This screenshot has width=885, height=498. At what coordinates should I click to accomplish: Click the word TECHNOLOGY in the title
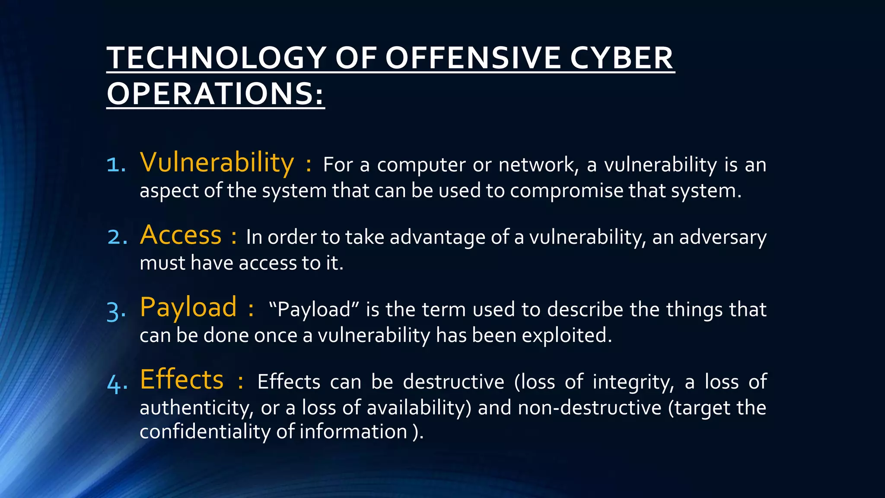(x=216, y=58)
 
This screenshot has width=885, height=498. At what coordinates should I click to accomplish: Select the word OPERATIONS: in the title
(x=215, y=94)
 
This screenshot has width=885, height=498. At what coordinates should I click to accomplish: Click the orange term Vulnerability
(x=217, y=163)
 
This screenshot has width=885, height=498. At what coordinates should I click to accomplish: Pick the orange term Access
(x=181, y=235)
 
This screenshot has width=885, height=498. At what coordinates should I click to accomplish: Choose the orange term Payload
(x=188, y=307)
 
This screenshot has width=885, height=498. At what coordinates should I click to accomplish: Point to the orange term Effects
(x=182, y=380)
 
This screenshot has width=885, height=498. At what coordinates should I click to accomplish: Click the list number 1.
(x=116, y=165)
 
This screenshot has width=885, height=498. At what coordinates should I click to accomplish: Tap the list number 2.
(x=117, y=237)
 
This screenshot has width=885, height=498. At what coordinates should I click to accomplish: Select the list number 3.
(x=116, y=310)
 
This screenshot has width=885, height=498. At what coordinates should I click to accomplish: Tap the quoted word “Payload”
(x=314, y=310)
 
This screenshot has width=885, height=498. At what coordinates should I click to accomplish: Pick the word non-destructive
(x=589, y=408)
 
